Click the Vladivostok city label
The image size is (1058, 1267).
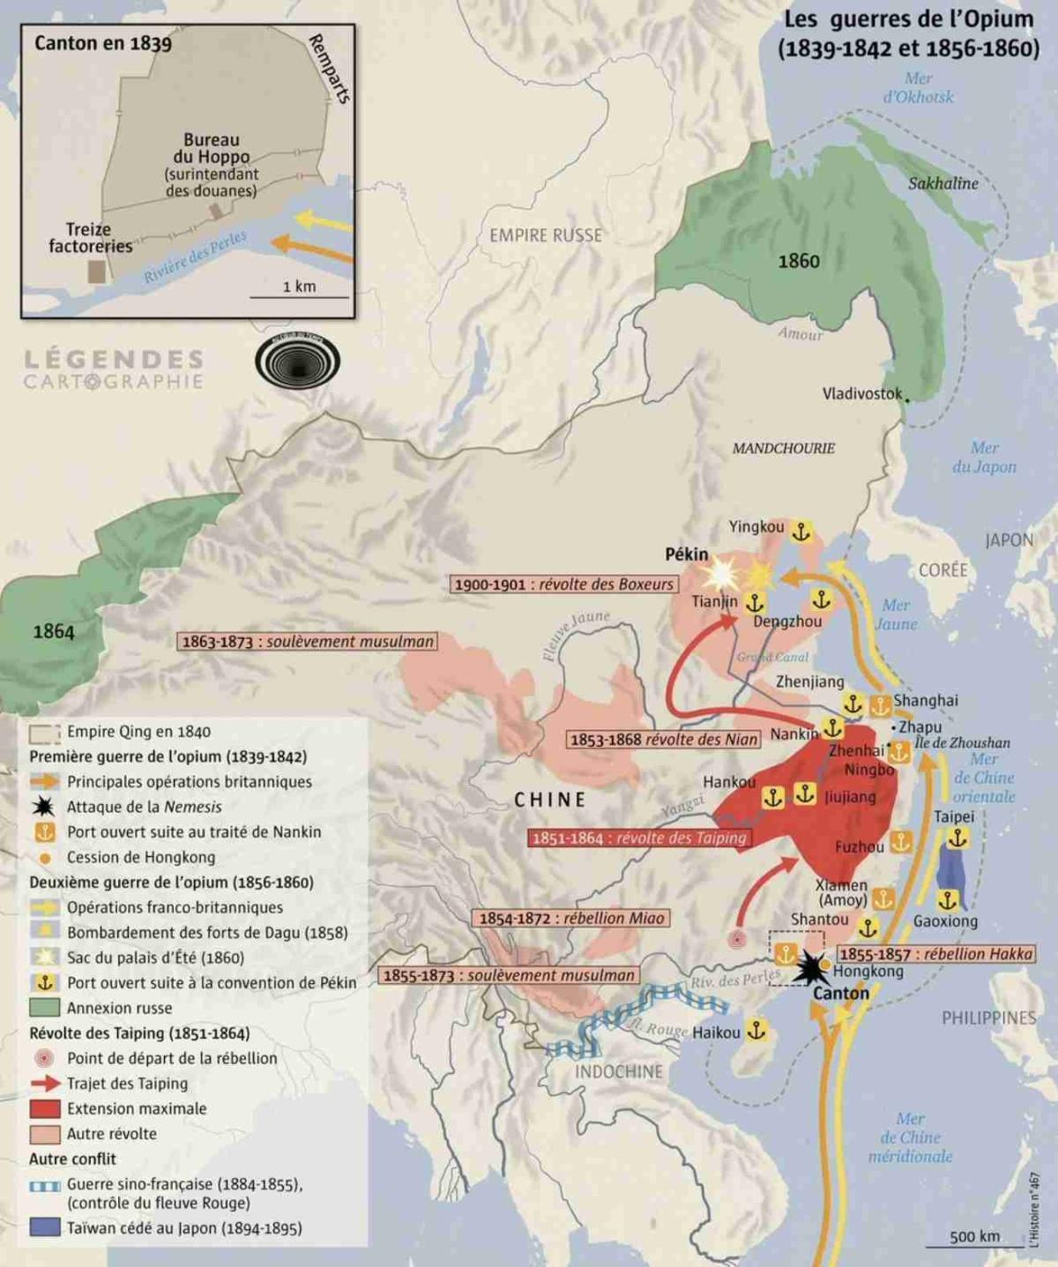[862, 393]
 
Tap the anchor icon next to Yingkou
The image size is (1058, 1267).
[801, 532]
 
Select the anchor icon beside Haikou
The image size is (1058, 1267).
[756, 1030]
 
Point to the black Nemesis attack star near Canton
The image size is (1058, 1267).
[808, 967]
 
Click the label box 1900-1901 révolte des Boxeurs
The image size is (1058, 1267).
[564, 585]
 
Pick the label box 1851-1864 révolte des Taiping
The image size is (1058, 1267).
[639, 838]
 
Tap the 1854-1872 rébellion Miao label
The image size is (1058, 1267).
[570, 918]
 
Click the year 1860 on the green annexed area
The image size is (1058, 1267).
[799, 261]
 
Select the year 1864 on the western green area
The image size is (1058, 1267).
[54, 631]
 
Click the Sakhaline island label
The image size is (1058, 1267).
[943, 183]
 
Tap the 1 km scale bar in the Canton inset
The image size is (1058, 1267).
[299, 295]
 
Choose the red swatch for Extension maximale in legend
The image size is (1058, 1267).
[45, 1108]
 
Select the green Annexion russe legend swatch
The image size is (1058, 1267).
[45, 1008]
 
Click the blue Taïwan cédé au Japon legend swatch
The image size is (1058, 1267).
[45, 1227]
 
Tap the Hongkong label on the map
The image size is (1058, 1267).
[868, 971]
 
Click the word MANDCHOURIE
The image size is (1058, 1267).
[783, 448]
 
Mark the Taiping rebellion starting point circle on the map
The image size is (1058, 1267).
[737, 940]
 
